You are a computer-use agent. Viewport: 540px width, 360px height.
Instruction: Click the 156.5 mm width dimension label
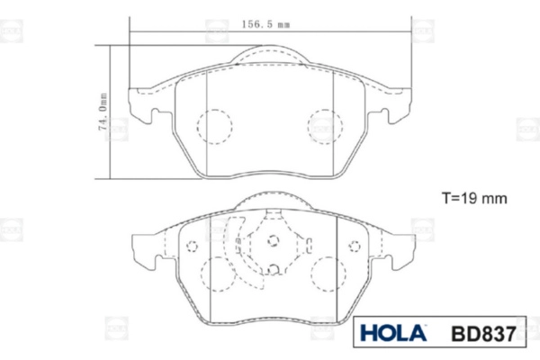[265, 24]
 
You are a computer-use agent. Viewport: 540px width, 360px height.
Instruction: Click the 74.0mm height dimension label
[103, 112]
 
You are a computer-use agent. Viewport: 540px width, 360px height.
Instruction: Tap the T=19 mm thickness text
[474, 198]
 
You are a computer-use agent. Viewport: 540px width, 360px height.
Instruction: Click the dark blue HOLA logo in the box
[393, 333]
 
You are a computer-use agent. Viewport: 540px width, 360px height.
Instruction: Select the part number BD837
[483, 334]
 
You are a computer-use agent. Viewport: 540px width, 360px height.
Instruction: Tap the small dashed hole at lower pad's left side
[192, 247]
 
